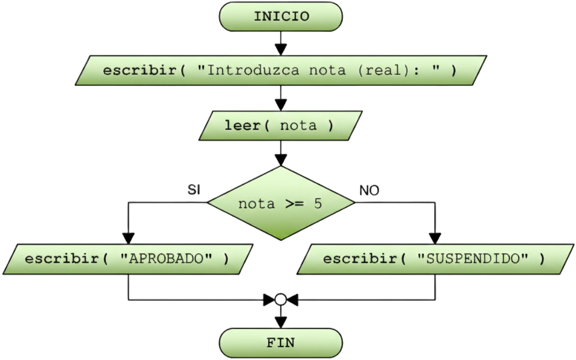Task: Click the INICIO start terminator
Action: click(x=281, y=17)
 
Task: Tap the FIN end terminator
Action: click(x=281, y=342)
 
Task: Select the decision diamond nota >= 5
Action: click(x=281, y=204)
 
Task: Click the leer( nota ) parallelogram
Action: click(x=281, y=126)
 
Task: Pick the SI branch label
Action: click(x=194, y=189)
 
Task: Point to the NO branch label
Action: click(x=370, y=190)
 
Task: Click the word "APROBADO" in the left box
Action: click(x=167, y=259)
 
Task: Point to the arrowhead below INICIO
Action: click(x=281, y=49)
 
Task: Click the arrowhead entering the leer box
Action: click(x=281, y=105)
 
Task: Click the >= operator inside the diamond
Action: click(x=296, y=204)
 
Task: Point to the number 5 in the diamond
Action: click(x=318, y=204)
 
